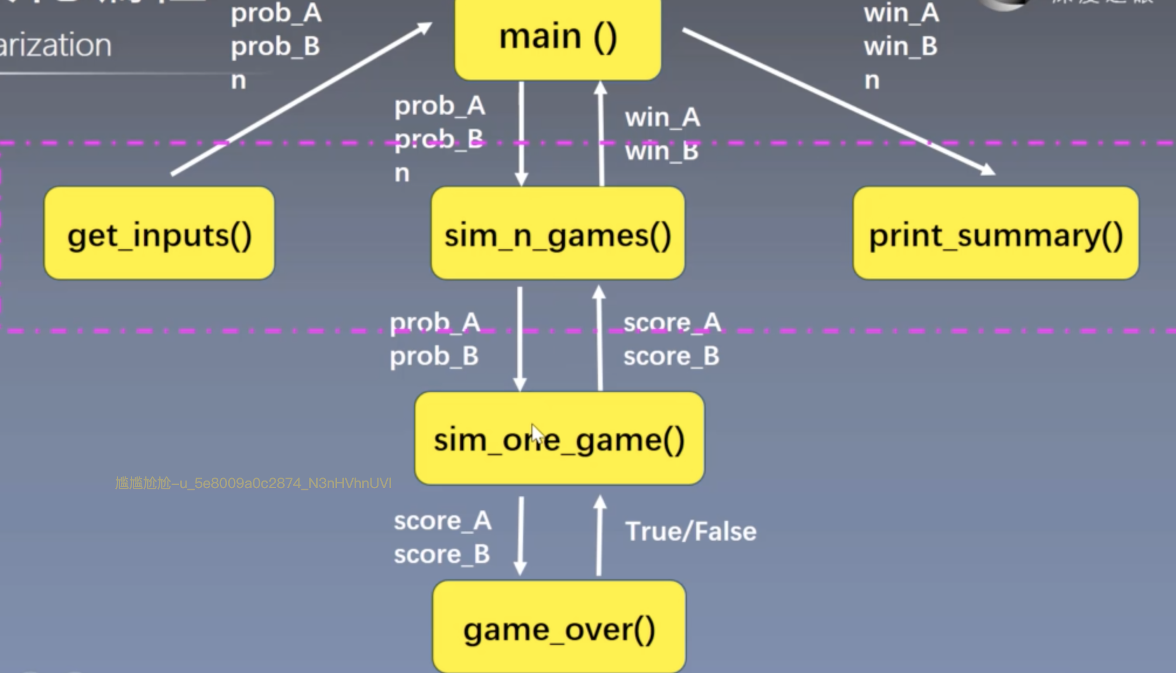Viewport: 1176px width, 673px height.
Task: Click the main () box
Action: coord(558,38)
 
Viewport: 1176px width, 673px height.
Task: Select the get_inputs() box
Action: coord(159,234)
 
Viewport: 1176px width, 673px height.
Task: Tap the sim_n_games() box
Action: coord(558,234)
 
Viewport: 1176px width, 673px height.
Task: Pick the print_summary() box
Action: coord(996,234)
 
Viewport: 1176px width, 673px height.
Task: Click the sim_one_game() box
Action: coord(559,439)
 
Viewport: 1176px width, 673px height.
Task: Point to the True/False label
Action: coord(690,531)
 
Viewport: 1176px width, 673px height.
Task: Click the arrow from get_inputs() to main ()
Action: coord(301,98)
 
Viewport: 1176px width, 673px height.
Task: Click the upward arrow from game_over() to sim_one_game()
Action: coord(599,535)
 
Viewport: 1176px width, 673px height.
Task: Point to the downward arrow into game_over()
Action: coord(520,535)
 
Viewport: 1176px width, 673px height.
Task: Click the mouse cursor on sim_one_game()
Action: coord(537,435)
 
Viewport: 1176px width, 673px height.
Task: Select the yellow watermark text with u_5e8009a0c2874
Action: coord(253,483)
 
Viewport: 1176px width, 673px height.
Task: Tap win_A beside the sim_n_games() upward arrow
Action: coord(662,118)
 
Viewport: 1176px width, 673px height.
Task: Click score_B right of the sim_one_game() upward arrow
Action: coord(671,356)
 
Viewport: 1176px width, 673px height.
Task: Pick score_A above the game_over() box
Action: coord(442,521)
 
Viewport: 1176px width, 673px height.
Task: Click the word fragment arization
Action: coord(56,45)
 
